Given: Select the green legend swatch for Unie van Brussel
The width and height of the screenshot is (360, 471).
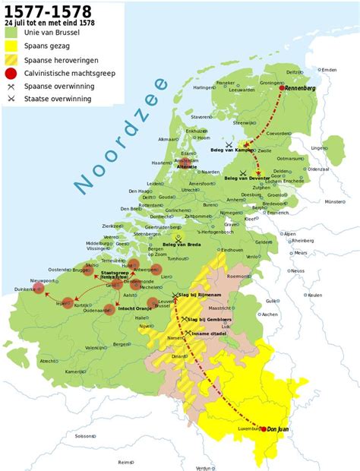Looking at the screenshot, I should coord(11,33).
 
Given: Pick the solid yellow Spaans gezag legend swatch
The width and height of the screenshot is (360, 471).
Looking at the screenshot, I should coord(11,47).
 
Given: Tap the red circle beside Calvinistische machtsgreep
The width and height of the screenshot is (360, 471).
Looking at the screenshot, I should coord(11,74).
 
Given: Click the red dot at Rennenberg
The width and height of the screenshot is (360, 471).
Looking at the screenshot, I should coord(282,88).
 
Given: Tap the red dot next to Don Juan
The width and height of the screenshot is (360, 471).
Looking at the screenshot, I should coord(262,428).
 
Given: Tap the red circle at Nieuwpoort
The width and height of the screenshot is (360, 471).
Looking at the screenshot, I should coord(40,289).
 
